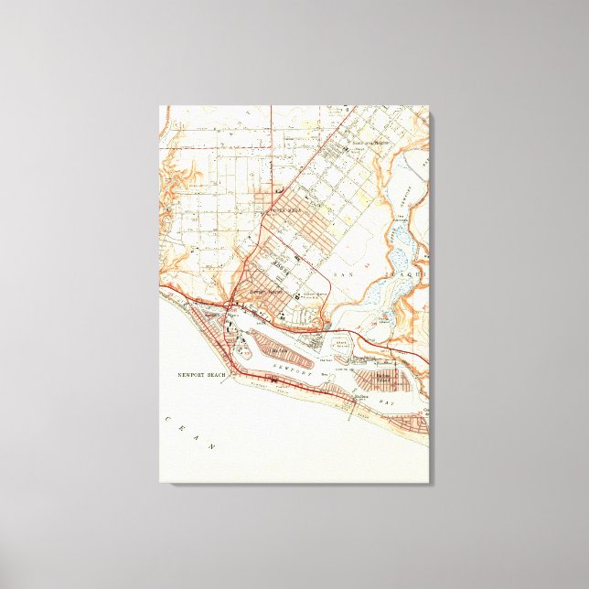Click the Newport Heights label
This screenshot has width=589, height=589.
tap(263, 293)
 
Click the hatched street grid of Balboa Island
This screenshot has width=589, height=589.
tap(377, 379)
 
